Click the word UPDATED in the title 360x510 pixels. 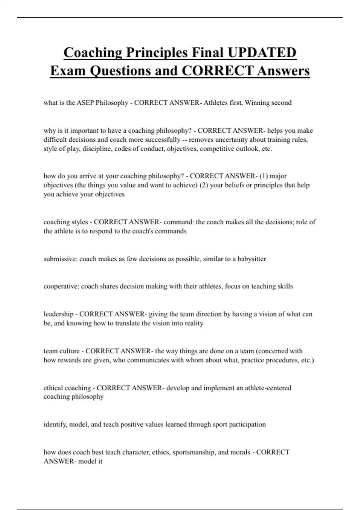pyautogui.click(x=262, y=52)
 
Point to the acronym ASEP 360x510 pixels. pyautogui.click(x=85, y=103)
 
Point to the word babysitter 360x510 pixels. pyautogui.click(x=252, y=259)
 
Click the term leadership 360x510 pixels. pyautogui.click(x=58, y=314)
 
